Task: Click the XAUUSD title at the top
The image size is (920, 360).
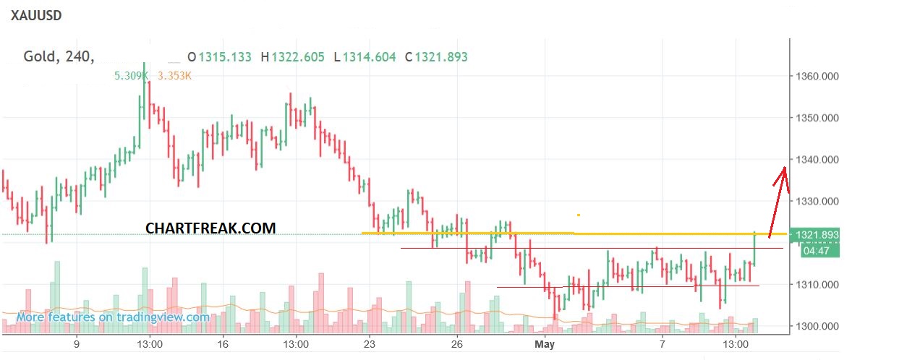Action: point(35,15)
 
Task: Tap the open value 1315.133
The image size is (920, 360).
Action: point(224,57)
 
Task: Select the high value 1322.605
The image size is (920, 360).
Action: point(297,57)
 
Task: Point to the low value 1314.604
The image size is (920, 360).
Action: point(369,57)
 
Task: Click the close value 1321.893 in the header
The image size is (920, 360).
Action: point(441,57)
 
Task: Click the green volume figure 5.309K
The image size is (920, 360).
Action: point(131,75)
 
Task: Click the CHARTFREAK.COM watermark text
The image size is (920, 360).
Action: point(210,228)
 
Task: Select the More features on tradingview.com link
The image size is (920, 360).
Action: point(113,317)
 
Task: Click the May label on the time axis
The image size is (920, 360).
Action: point(545,344)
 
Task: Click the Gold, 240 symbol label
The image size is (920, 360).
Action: point(59,56)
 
